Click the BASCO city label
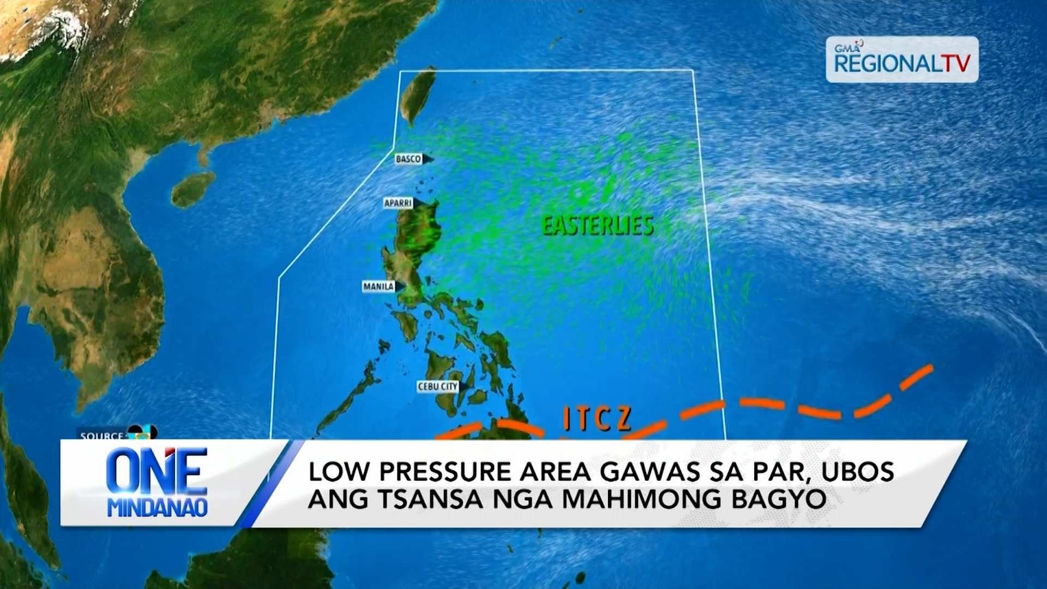pyautogui.click(x=408, y=159)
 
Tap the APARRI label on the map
pyautogui.click(x=398, y=203)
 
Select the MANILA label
pyautogui.click(x=378, y=287)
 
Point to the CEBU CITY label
pyautogui.click(x=438, y=387)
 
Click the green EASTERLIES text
pyautogui.click(x=598, y=226)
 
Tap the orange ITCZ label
pyautogui.click(x=597, y=419)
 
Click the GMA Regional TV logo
pyautogui.click(x=902, y=59)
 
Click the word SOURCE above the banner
pyautogui.click(x=101, y=436)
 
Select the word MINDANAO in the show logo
pyautogui.click(x=157, y=508)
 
